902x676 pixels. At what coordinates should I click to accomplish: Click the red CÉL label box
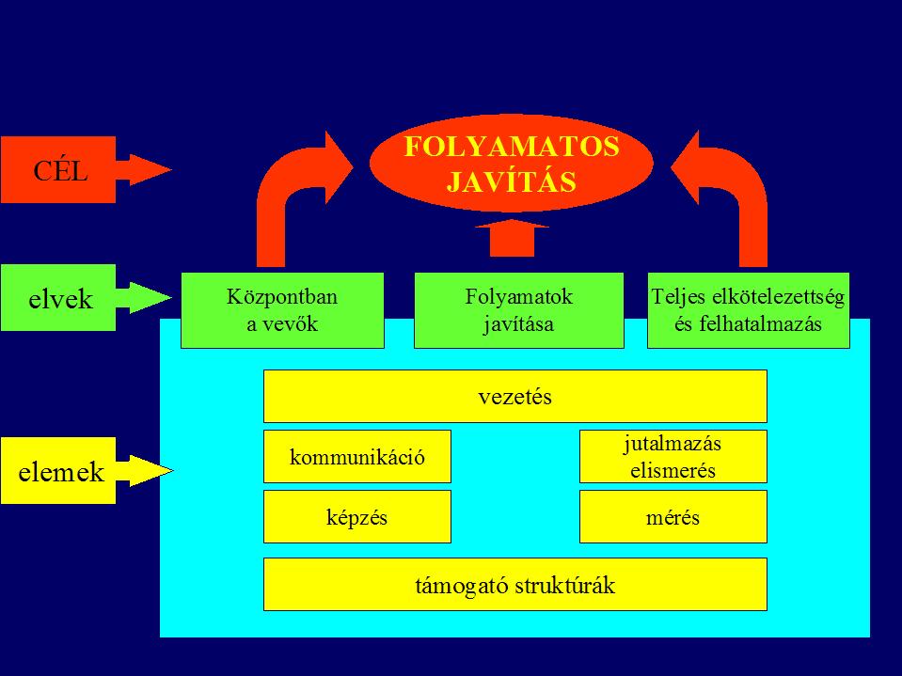pos(57,169)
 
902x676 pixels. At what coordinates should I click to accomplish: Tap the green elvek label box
pos(57,298)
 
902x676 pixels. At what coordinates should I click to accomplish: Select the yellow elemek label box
pos(57,471)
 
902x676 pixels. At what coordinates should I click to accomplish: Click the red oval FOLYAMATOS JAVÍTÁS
pos(511,164)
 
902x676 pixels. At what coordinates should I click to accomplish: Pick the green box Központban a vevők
pos(282,310)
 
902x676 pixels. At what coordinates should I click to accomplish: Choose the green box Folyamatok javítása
pos(519,310)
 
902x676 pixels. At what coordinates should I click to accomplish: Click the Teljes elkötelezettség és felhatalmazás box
pos(749,310)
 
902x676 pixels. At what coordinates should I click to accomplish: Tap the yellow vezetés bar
pos(514,396)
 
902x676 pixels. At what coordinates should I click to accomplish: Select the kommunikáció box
pos(357,456)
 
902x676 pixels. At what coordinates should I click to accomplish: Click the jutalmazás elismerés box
pos(673,456)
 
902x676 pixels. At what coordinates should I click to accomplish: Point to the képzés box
pos(357,517)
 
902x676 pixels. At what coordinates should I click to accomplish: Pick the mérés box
pos(673,517)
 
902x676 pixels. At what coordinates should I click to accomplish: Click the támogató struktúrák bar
pos(514,584)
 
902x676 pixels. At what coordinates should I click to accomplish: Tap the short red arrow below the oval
pos(512,238)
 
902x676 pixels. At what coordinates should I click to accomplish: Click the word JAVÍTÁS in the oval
pos(512,181)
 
